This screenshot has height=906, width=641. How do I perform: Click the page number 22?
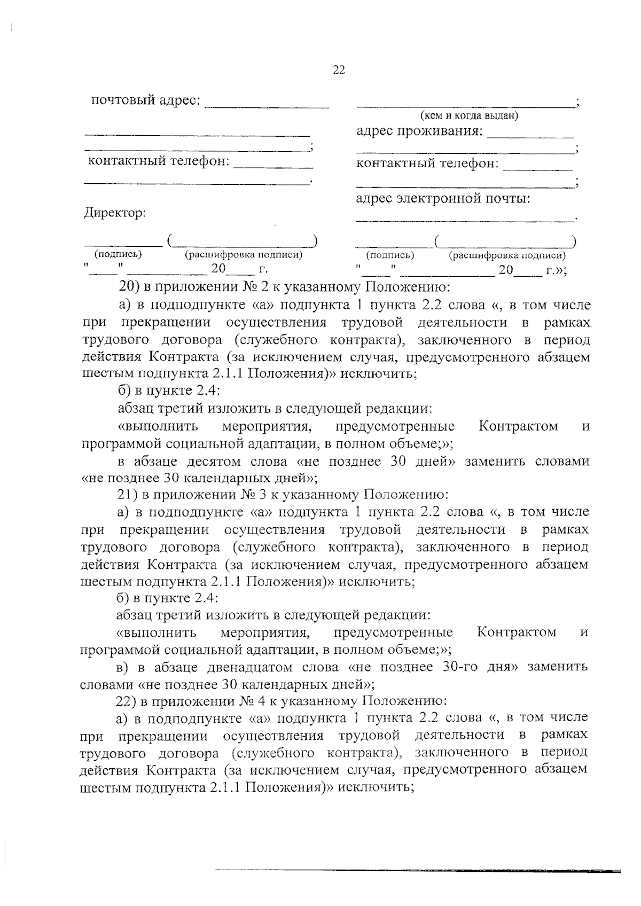pos(339,70)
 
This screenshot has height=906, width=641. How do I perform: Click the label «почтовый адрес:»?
pos(146,100)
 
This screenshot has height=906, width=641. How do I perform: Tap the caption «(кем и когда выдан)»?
pos(470,115)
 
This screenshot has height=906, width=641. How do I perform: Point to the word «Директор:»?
pos(115,213)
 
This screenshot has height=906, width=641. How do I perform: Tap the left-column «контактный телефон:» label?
pos(157,161)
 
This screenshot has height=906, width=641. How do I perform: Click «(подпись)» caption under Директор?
pos(118,254)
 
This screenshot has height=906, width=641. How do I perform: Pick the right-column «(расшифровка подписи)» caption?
pos(507,255)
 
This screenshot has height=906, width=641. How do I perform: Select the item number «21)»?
pos(128,494)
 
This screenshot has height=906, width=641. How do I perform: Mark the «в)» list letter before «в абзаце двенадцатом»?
pos(124,667)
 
